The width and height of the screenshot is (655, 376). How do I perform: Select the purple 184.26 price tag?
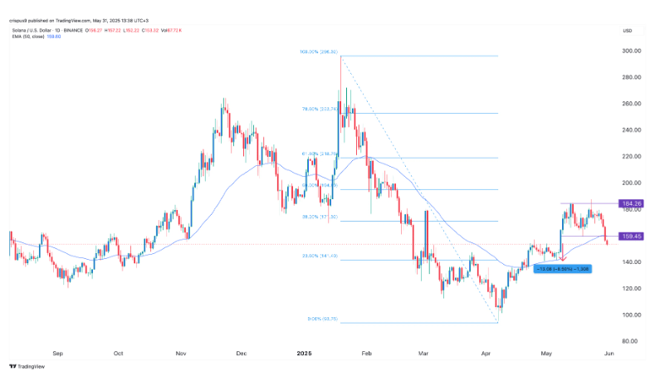(632, 203)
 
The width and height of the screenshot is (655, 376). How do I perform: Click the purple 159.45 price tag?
(632, 236)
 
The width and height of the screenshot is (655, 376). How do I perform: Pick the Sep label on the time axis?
(57, 352)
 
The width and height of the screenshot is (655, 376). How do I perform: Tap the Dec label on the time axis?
(241, 352)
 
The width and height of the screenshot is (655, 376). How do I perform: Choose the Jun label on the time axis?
(609, 352)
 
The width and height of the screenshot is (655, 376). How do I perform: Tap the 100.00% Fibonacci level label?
(318, 52)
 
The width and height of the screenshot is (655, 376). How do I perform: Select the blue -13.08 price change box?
(563, 270)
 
